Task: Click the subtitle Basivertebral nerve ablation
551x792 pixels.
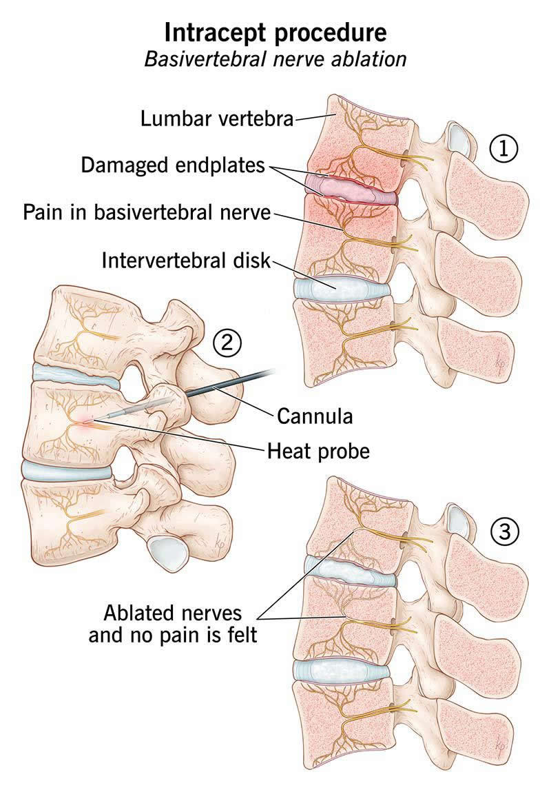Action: [x=275, y=59]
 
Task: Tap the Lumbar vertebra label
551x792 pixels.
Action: [x=217, y=119]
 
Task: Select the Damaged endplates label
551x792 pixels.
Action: [x=173, y=165]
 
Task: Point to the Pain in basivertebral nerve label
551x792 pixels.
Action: [x=147, y=213]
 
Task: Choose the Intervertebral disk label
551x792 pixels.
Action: [x=186, y=261]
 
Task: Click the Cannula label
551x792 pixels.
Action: [x=315, y=416]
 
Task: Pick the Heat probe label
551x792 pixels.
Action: [x=318, y=451]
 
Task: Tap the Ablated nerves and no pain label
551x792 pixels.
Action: [x=173, y=624]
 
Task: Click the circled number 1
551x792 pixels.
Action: [x=503, y=149]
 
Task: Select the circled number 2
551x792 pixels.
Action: [x=227, y=343]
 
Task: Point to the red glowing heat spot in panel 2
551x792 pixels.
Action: [x=86, y=421]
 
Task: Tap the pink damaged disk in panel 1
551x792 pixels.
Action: [x=351, y=190]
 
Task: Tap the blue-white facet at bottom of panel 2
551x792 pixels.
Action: [x=166, y=553]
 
